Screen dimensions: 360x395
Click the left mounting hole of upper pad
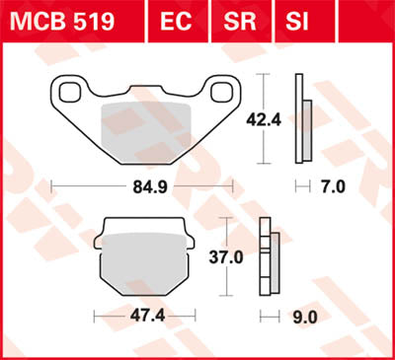[x=71, y=94]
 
